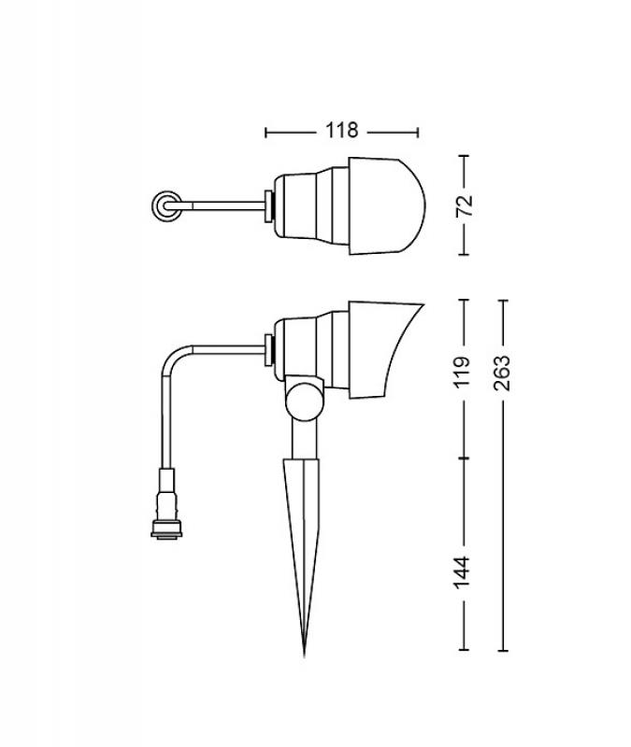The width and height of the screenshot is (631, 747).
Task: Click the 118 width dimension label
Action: (341, 131)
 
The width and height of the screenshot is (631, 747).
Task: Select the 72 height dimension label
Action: (464, 205)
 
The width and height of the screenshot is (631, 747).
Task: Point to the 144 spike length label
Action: (462, 571)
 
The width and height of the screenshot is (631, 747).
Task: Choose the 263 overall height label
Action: (501, 373)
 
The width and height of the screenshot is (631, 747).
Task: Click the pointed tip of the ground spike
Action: (305, 656)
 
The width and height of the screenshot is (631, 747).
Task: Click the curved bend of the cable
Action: (173, 356)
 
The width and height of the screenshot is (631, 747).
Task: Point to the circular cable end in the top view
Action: (166, 205)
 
